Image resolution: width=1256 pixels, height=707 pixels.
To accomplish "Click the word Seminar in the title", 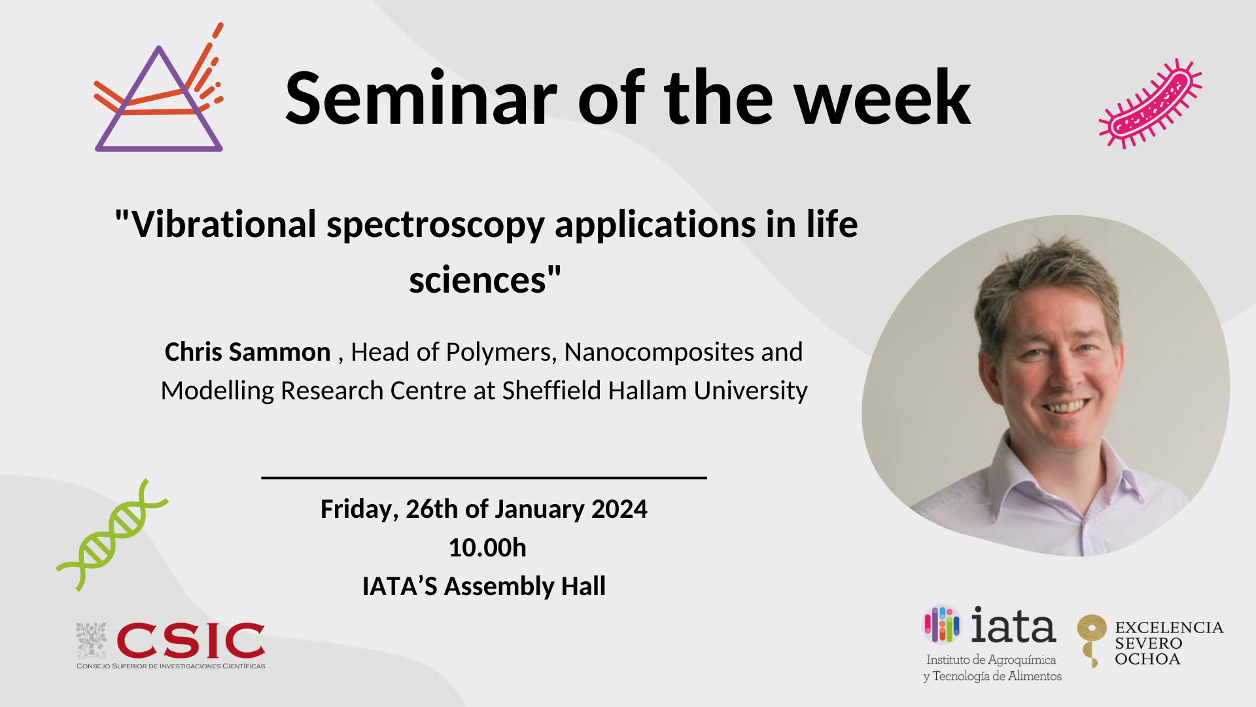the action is pos(421,98).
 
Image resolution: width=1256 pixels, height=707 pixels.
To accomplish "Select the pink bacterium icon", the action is pos(1150,104).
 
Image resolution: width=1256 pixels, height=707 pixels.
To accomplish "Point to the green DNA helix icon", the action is pos(113,535).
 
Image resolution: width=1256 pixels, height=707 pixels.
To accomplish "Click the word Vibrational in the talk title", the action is pos(224,225).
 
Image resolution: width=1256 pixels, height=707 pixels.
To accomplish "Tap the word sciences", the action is pos(478,281).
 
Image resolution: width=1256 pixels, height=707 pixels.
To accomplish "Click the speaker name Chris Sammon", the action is pos(247,352).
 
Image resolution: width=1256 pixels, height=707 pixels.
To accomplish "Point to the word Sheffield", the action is pos(551,391).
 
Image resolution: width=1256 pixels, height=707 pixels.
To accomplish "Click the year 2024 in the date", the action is pos(619,509).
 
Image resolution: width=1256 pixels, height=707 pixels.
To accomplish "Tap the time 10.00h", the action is pos(487,548).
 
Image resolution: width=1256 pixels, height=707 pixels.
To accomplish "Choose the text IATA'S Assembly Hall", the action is pos(484,587).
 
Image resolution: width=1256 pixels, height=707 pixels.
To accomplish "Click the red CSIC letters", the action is pos(190,641).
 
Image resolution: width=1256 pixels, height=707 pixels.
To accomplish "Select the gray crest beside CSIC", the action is pos(91,640).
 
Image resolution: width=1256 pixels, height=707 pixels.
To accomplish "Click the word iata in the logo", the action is pos(1013,625).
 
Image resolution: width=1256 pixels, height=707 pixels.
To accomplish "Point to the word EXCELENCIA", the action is pos(1169,628).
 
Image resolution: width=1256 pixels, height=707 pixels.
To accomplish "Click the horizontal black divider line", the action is pos(484,478).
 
